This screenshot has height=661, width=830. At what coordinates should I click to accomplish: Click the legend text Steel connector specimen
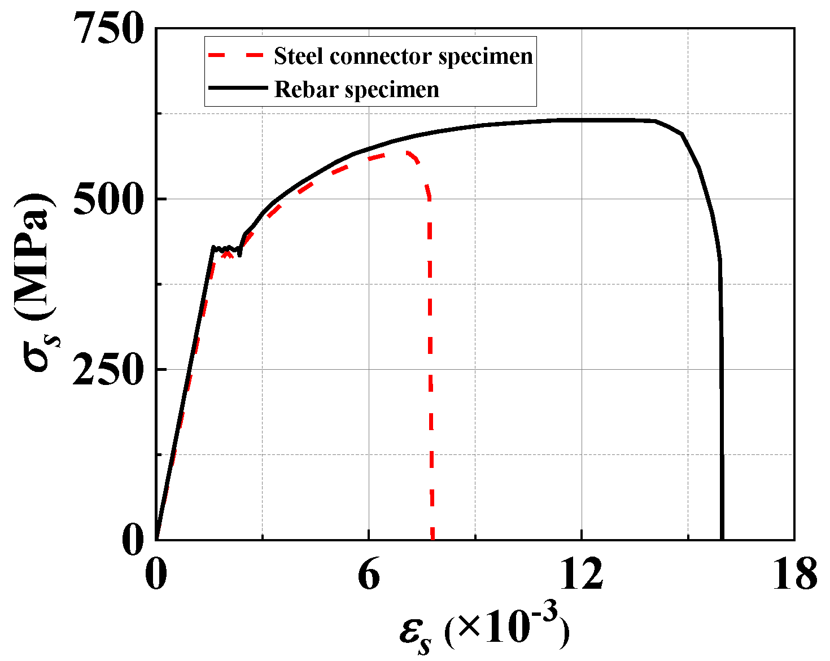pos(403,56)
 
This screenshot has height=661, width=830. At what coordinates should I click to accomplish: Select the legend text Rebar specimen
pos(356,89)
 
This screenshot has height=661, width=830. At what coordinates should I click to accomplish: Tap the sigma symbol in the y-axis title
pos(36,353)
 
